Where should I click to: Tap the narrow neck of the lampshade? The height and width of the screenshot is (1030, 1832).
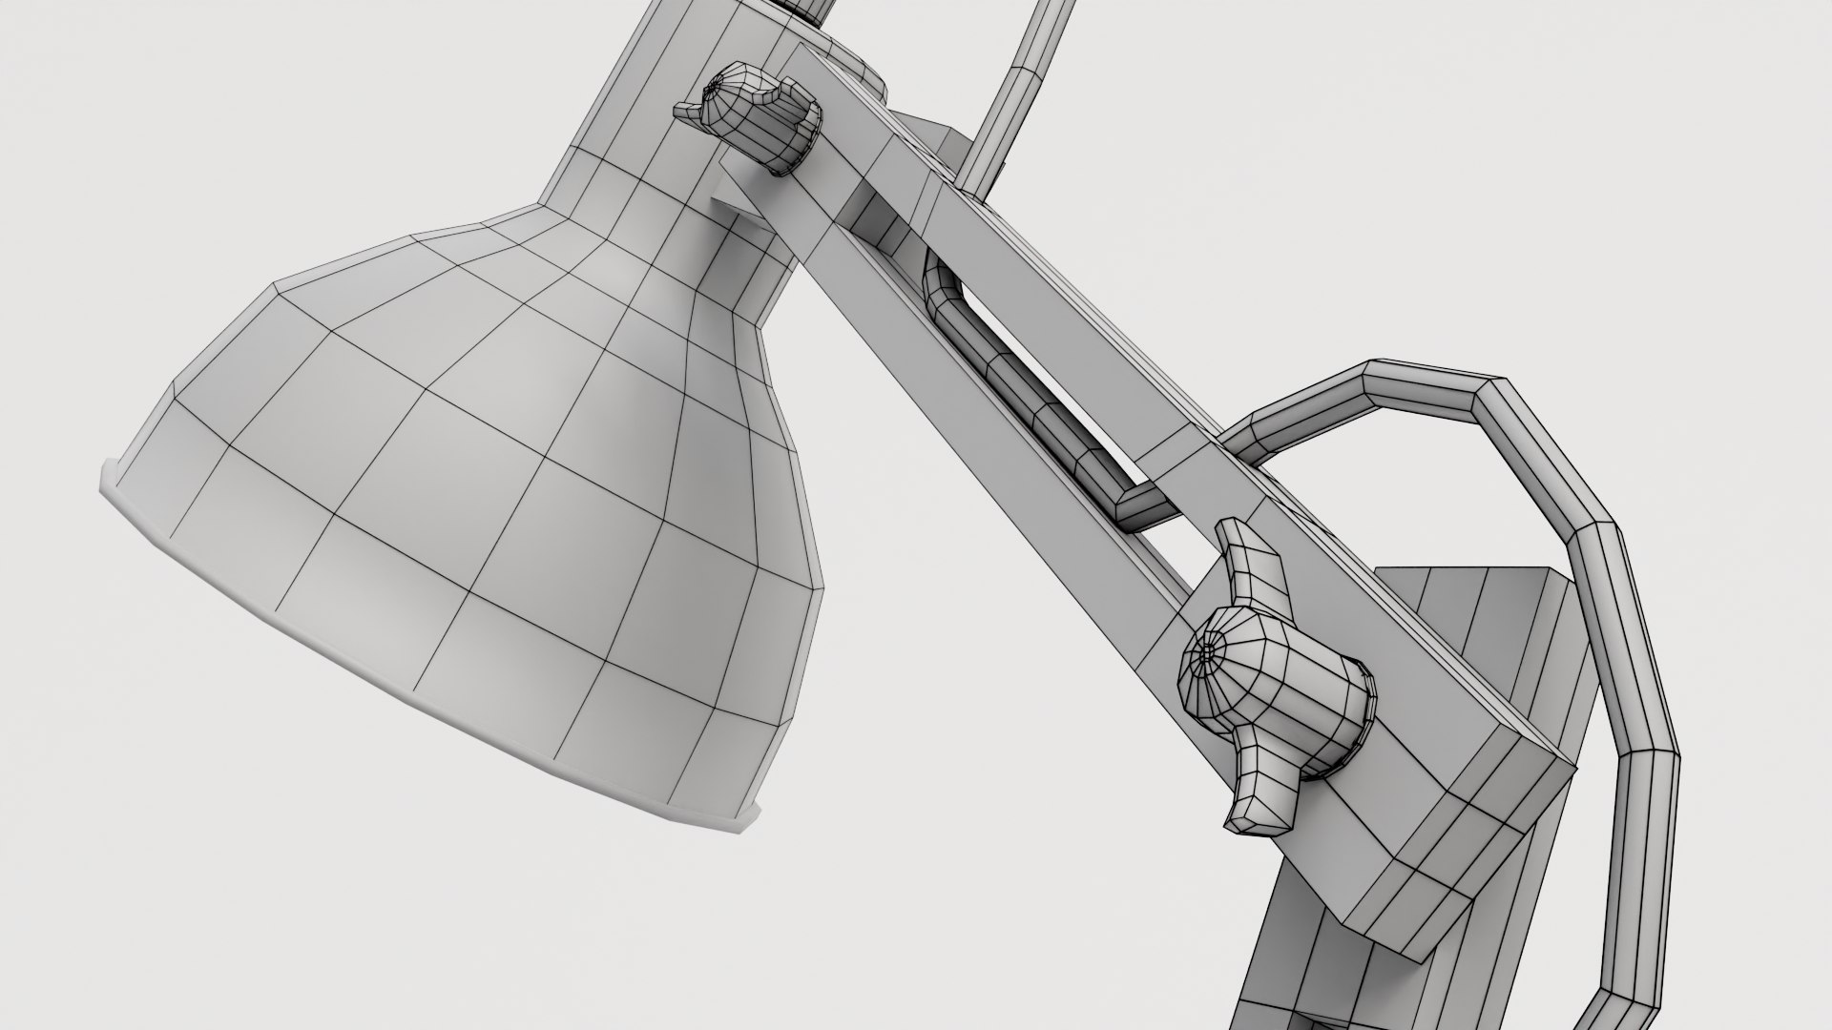[x=658, y=191]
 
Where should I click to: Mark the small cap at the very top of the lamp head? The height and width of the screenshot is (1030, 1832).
[x=811, y=10]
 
